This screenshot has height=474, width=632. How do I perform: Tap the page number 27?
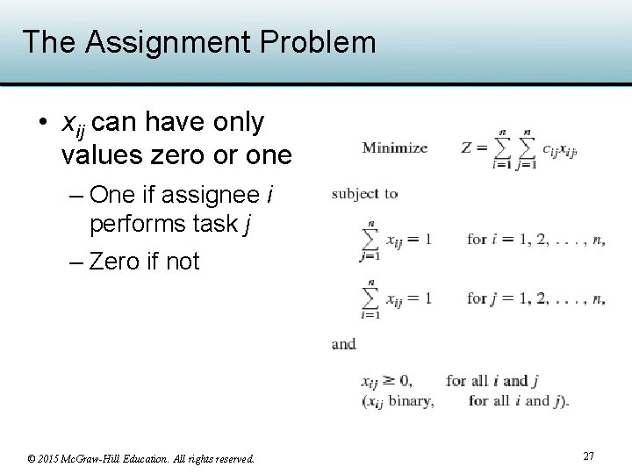(x=588, y=456)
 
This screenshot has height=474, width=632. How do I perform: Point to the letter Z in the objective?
(x=468, y=147)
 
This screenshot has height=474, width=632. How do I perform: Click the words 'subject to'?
(x=365, y=193)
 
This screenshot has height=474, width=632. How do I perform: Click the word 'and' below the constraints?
(x=344, y=343)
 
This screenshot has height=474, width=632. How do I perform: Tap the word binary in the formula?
(x=411, y=401)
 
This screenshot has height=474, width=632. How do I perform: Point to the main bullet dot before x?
(x=42, y=123)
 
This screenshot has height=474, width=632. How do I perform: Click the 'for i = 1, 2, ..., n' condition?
(x=535, y=239)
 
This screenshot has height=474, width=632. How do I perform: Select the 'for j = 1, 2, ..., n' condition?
(x=535, y=298)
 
